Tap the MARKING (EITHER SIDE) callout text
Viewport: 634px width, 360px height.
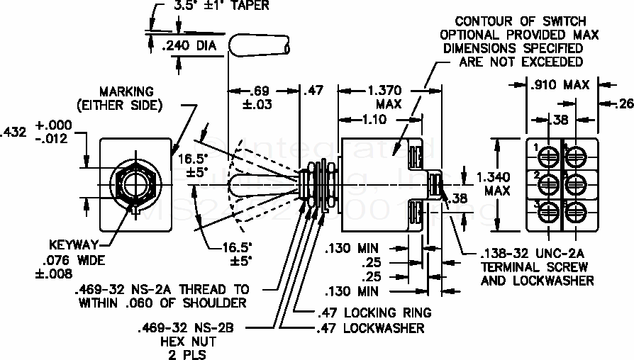pos(126,99)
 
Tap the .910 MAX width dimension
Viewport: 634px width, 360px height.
pos(560,85)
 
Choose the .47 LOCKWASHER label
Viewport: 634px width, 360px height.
pos(369,328)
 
